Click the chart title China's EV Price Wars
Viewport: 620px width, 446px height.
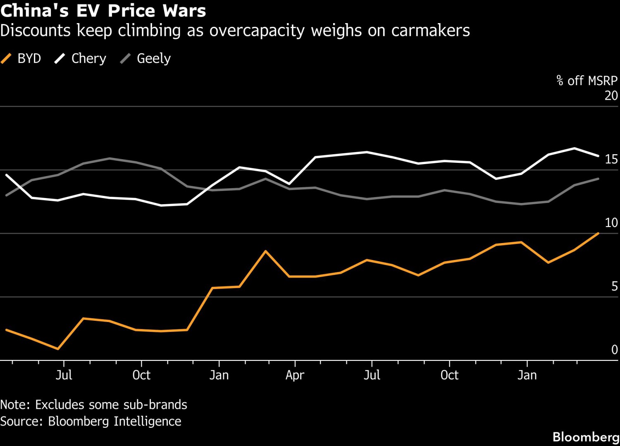[103, 11]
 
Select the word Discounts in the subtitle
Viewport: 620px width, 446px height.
[36, 31]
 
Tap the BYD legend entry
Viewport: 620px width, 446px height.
[22, 59]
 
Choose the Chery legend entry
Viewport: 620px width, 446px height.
[81, 59]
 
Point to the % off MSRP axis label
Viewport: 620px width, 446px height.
[587, 81]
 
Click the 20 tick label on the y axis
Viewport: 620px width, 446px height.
[611, 96]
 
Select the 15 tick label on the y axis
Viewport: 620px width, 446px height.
[611, 160]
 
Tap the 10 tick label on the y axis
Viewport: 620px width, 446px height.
[611, 223]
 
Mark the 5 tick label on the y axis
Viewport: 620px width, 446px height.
[614, 286]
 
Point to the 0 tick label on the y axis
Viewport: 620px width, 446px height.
[614, 350]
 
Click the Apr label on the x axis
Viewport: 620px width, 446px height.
[295, 375]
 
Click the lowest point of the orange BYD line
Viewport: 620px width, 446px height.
[58, 349]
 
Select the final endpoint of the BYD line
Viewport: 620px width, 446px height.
[599, 233]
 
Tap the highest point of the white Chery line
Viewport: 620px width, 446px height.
[575, 148]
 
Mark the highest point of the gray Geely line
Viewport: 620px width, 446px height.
[110, 158]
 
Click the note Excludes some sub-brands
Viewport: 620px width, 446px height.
[94, 405]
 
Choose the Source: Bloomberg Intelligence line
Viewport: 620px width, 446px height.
[91, 421]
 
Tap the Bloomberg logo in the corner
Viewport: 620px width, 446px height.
[586, 437]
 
